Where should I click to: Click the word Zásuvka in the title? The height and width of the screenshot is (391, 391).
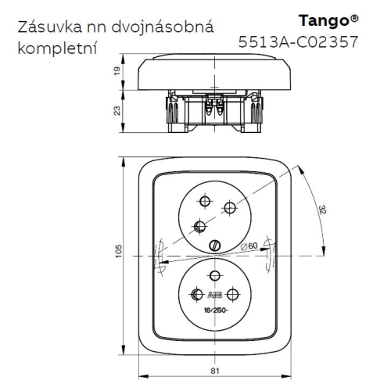(x=48, y=27)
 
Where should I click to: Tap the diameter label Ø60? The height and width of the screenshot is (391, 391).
(x=249, y=248)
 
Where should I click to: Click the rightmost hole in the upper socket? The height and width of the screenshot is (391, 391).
(x=229, y=207)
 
